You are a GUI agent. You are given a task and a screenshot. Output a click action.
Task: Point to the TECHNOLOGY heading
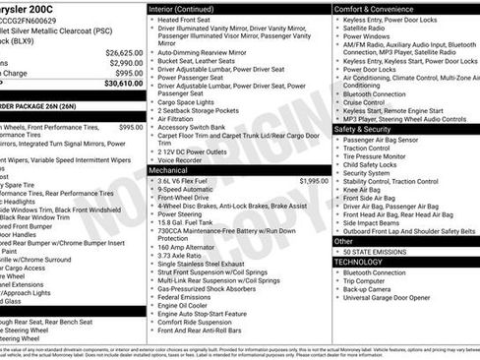point(358,262)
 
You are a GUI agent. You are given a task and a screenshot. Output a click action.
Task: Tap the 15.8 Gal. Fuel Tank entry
point(189,221)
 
